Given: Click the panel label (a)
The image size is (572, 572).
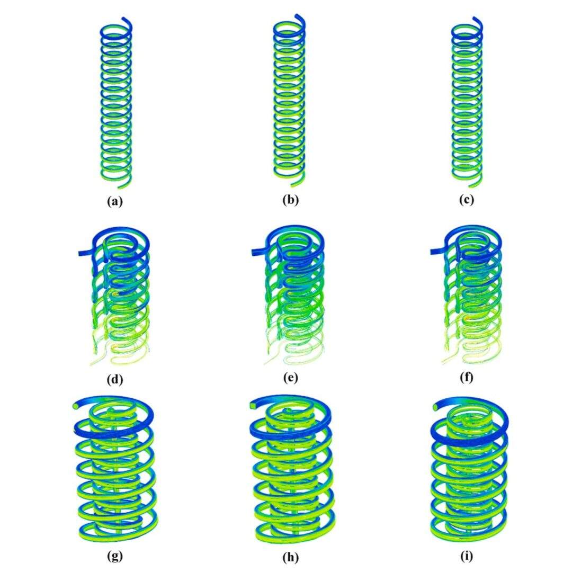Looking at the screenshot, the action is (x=115, y=201).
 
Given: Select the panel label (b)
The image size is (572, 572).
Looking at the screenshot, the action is (x=291, y=200).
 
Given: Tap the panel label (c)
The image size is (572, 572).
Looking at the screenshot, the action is (x=467, y=200).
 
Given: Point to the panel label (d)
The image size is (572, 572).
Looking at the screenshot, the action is (x=115, y=379).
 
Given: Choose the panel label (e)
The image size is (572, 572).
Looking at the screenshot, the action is (x=291, y=378).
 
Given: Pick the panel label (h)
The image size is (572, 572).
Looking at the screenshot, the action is (x=291, y=557).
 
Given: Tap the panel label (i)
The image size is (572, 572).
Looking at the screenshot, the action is (x=467, y=556).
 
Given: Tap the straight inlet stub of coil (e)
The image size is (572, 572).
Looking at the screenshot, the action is (x=259, y=252).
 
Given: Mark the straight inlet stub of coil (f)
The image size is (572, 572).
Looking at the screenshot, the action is (x=438, y=251).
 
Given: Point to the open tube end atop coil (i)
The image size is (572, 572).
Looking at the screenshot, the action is (x=435, y=406).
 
